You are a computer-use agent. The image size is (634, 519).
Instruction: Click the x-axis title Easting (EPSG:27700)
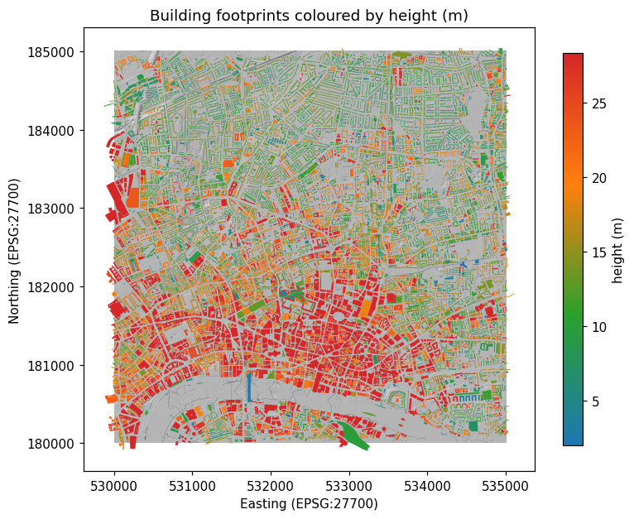click(x=309, y=503)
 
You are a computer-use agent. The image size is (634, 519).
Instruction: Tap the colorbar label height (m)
click(x=617, y=248)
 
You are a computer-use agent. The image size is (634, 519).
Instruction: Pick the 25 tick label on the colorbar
click(x=599, y=103)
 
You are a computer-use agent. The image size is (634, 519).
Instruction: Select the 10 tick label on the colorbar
click(x=599, y=327)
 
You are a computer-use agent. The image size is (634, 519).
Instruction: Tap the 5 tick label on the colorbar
click(x=597, y=401)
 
